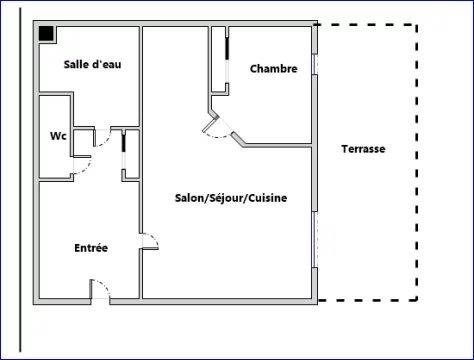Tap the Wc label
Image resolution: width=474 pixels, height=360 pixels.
[x=58, y=136]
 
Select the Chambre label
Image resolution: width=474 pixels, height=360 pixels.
[x=273, y=69]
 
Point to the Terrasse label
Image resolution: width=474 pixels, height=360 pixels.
[x=362, y=149]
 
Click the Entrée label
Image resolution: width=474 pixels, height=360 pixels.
[x=91, y=248]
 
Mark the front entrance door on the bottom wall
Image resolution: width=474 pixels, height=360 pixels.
[x=101, y=290]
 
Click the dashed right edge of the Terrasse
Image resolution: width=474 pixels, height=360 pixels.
[x=418, y=160]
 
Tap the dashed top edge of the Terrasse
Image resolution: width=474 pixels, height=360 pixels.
[x=370, y=24]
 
